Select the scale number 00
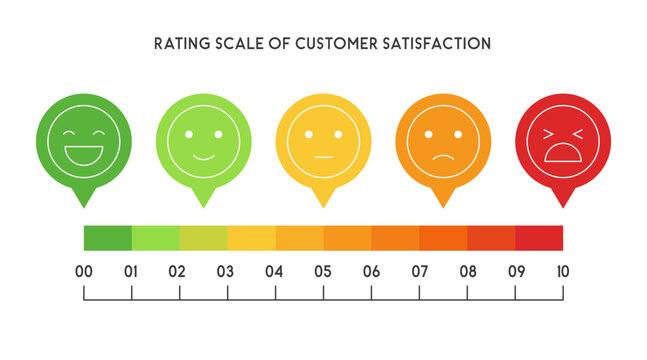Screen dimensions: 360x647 coord(84,270)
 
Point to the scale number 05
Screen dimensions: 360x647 coord(323,270)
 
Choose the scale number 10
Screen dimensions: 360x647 coord(562,270)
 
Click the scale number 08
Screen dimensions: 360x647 coord(467,270)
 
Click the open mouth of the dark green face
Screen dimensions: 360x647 coord(83,156)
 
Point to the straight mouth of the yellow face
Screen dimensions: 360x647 coord(323,158)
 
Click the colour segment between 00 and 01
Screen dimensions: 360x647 coord(108,238)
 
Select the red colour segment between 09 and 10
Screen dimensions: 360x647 coord(539,238)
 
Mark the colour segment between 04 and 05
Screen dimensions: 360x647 coord(299,238)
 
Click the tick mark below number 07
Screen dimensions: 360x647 coord(419,292)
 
